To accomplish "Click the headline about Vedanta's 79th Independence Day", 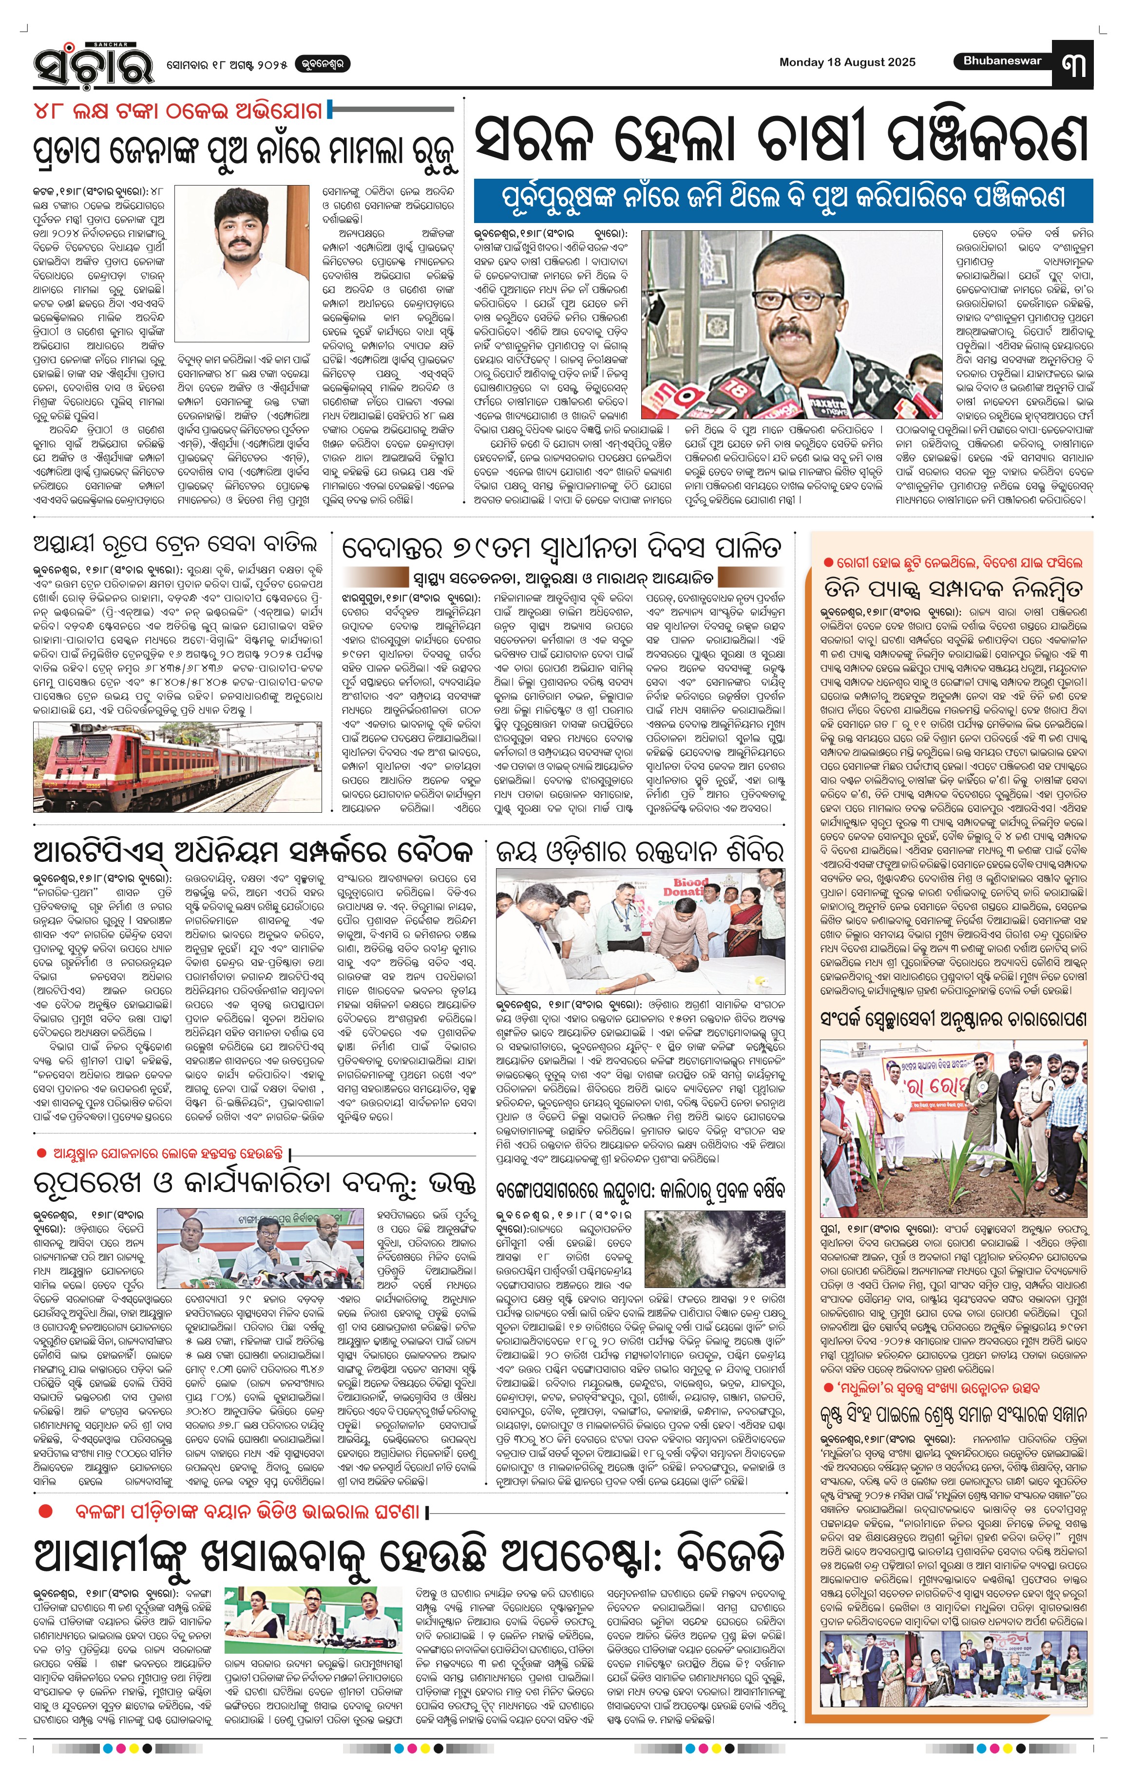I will tap(561, 548).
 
